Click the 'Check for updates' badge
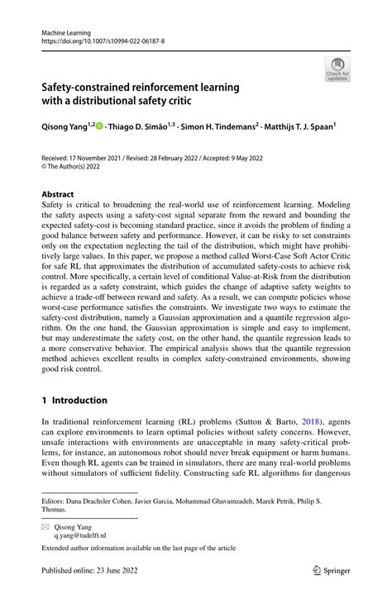pyautogui.click(x=337, y=69)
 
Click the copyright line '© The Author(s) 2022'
pyautogui.click(x=78, y=165)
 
